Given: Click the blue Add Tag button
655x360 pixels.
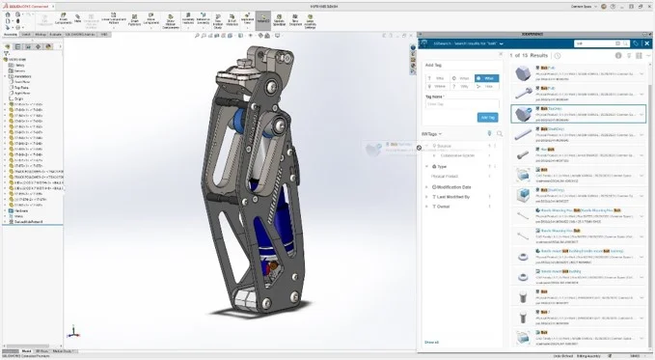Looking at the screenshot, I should tap(487, 117).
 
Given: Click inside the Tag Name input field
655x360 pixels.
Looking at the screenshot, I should tap(461, 103).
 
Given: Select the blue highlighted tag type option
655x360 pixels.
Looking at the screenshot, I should tap(486, 78).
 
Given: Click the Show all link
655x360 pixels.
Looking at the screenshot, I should tap(431, 342).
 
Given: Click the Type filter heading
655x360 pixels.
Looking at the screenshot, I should tap(442, 166).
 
